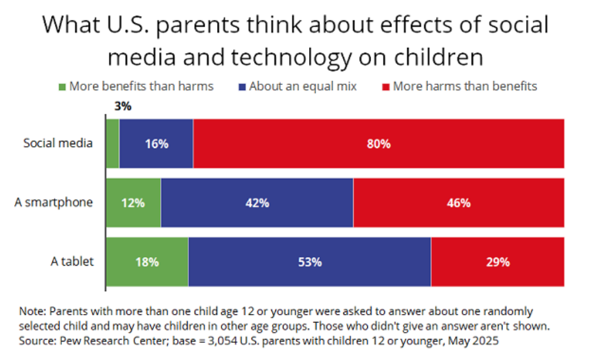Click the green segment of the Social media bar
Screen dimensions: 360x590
pos(112,144)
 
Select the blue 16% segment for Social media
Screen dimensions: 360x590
pos(156,144)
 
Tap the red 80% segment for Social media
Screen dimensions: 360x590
pos(378,144)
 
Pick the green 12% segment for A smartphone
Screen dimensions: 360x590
pos(133,203)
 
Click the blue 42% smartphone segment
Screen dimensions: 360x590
pos(257,203)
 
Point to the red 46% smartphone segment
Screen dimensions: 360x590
pos(458,203)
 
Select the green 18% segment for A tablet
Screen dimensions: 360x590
pos(147,262)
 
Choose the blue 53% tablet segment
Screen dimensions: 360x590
pos(310,262)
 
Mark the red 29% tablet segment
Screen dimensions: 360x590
pos(497,262)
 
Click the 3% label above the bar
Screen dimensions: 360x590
pos(123,107)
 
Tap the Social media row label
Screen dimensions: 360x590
pos(58,143)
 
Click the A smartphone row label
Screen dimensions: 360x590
pos(54,203)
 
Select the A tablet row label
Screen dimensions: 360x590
pos(72,261)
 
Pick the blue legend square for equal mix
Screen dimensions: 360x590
pos(242,86)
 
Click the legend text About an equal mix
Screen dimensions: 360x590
pos(303,86)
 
